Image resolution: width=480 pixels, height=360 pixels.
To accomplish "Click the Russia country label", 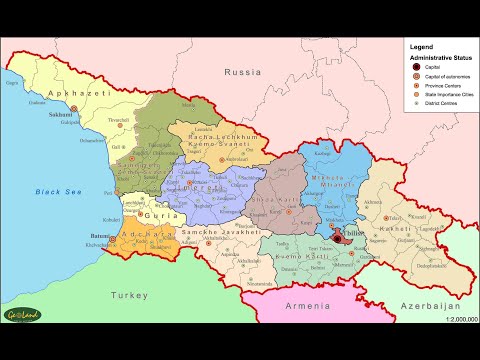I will click(242, 73).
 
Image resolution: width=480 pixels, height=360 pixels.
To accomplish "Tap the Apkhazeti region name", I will click(57, 92).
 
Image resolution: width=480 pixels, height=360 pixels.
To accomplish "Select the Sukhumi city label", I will click(61, 113).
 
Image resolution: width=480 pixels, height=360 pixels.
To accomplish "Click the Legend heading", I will click(421, 47).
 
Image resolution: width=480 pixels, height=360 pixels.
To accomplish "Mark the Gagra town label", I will click(14, 84).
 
